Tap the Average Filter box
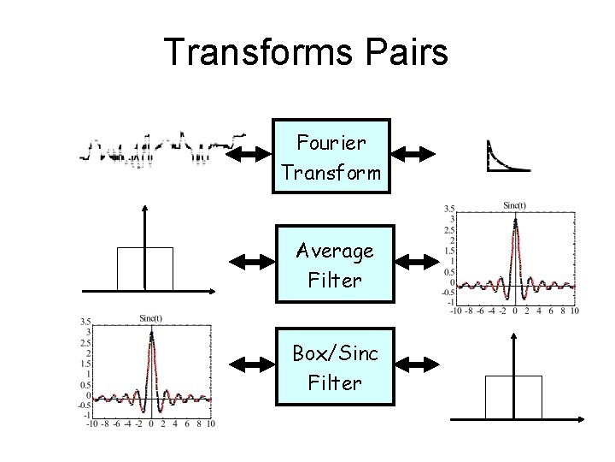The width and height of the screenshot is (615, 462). click(x=334, y=264)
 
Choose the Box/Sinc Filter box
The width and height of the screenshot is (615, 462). click(x=334, y=367)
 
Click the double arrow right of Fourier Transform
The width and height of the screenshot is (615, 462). click(x=413, y=155)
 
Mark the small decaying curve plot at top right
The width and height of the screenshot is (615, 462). click(x=506, y=156)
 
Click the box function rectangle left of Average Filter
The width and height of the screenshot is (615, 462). click(x=145, y=269)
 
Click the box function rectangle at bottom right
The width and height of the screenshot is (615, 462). click(x=513, y=397)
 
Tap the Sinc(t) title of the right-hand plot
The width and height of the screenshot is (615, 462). click(x=514, y=204)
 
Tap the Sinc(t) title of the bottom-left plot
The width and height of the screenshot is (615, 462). click(x=151, y=317)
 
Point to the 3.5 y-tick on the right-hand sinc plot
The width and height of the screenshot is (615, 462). click(x=449, y=208)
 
